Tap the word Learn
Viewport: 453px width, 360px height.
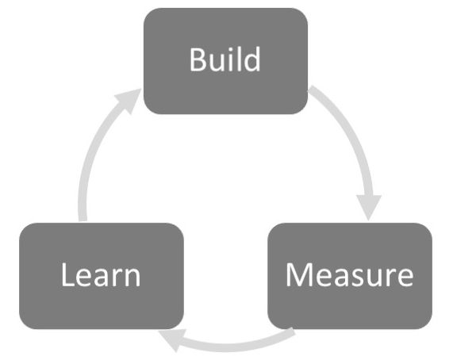pyautogui.click(x=101, y=275)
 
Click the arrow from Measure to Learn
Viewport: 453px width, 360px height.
pyautogui.click(x=230, y=343)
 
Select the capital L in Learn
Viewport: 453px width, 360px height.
pyautogui.click(x=67, y=275)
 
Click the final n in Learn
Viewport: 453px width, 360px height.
pyautogui.click(x=132, y=278)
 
